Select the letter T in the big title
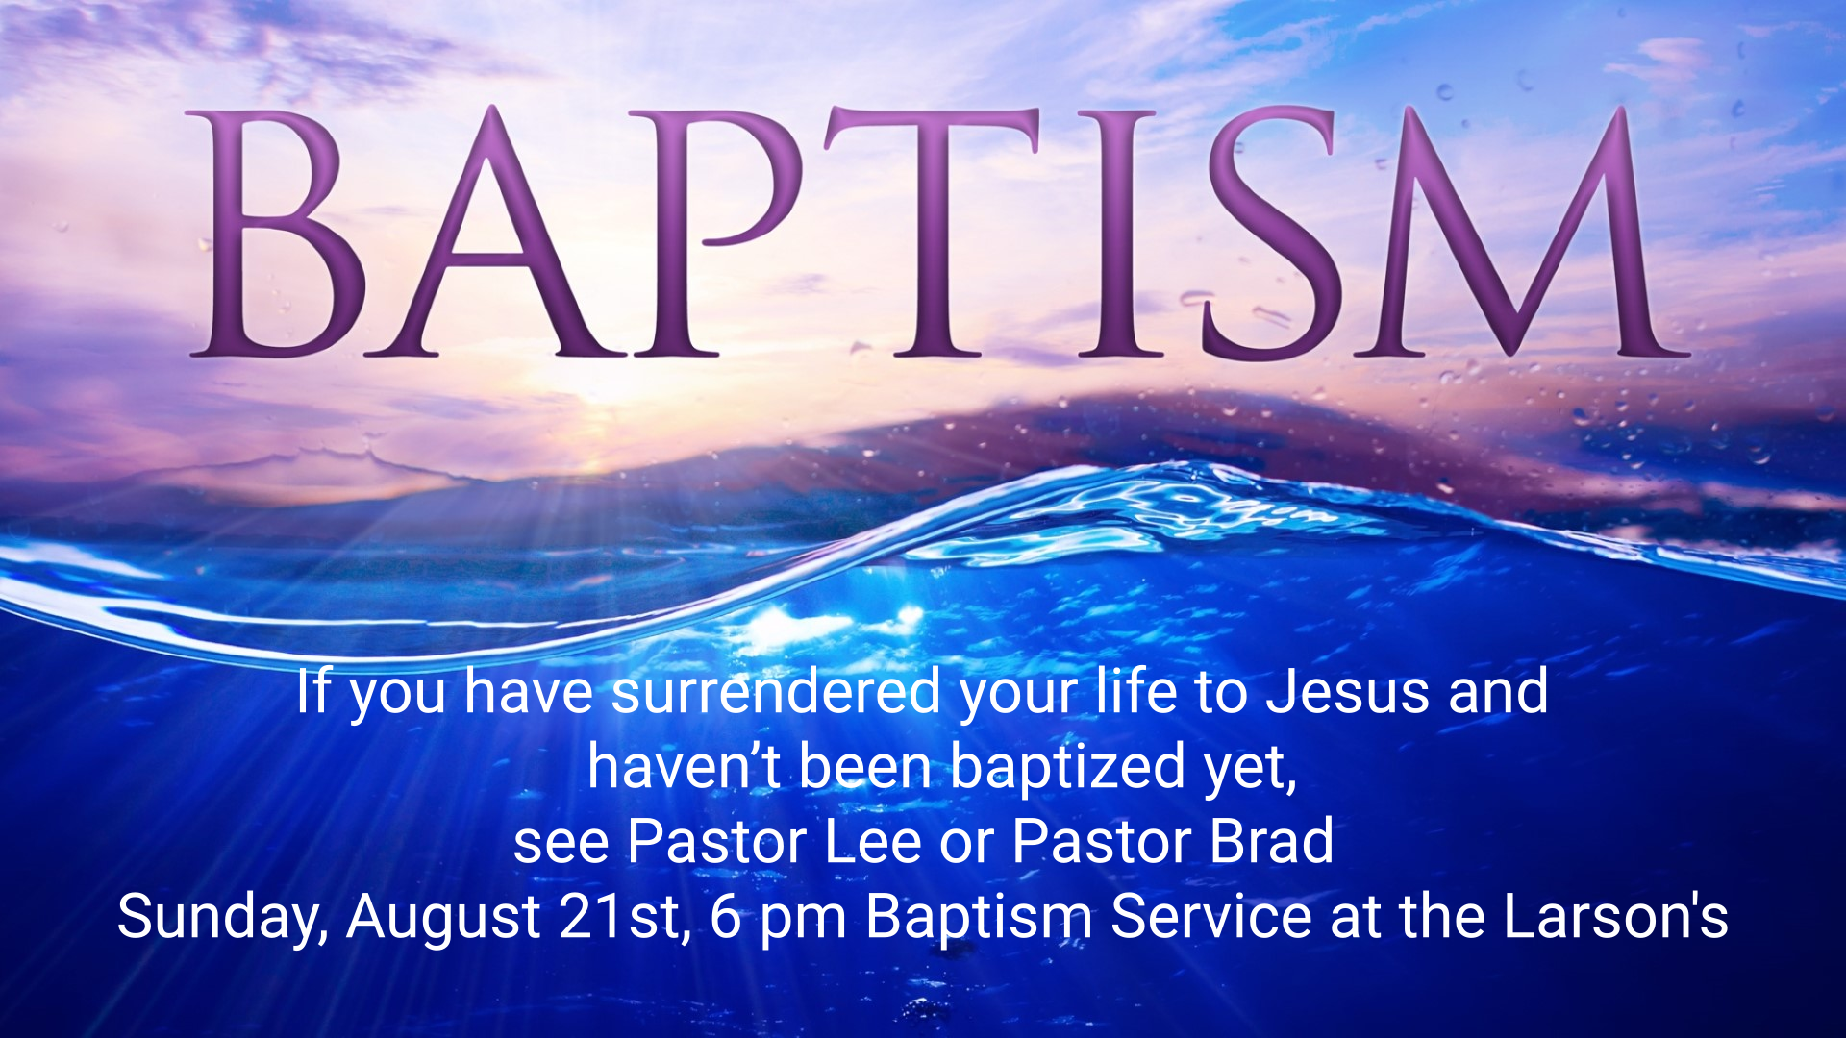(931, 233)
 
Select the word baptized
(1068, 768)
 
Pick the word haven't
(684, 767)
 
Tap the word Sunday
(223, 918)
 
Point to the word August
(443, 918)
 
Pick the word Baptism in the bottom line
(979, 918)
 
